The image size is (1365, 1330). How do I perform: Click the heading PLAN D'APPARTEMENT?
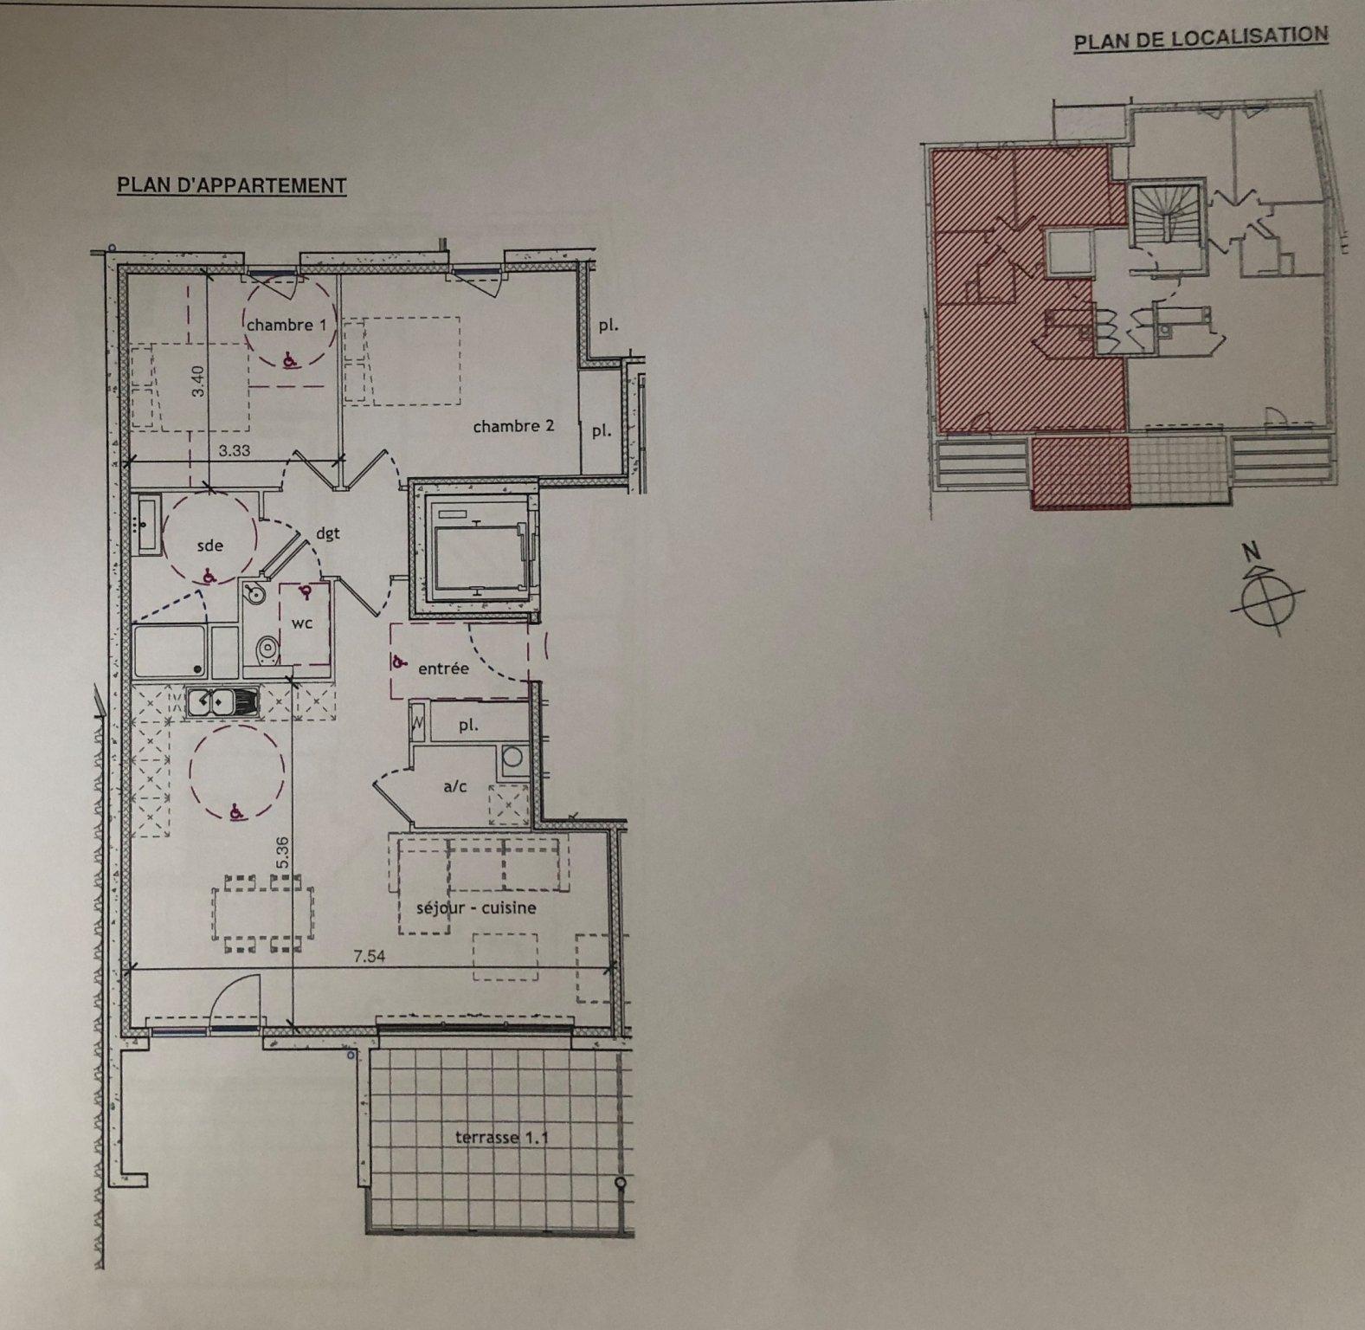(x=232, y=185)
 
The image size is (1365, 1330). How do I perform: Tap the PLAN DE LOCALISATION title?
(x=1201, y=39)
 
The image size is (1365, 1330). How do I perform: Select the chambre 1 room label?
(x=280, y=326)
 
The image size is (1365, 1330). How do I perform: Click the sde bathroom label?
(x=210, y=546)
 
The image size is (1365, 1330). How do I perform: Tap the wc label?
(x=302, y=623)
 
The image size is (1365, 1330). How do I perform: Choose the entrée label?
(x=443, y=668)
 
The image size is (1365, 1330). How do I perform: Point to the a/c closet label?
(x=455, y=786)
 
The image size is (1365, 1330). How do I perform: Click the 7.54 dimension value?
(x=369, y=957)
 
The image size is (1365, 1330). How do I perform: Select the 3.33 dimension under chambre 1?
(x=234, y=450)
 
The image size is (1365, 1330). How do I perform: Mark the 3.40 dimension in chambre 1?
(x=198, y=382)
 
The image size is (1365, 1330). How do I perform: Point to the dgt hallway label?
(x=328, y=534)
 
